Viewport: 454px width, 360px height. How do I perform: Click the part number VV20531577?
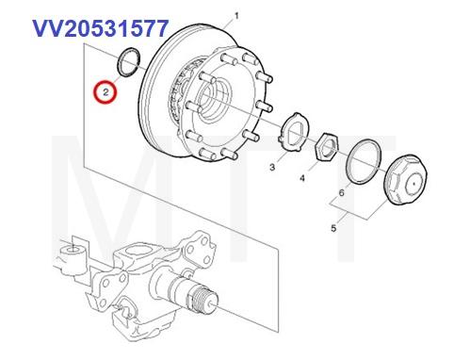pyautogui.click(x=101, y=28)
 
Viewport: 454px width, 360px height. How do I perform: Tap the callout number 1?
pyautogui.click(x=236, y=15)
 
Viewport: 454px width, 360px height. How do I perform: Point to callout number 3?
pyautogui.click(x=272, y=167)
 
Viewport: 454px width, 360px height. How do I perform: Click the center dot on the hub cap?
pyautogui.click(x=414, y=184)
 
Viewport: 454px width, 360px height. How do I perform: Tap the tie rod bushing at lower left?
pyautogui.click(x=73, y=256)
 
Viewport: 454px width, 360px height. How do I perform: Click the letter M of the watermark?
pyautogui.click(x=104, y=199)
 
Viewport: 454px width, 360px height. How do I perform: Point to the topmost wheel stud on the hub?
pyautogui.click(x=246, y=58)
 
